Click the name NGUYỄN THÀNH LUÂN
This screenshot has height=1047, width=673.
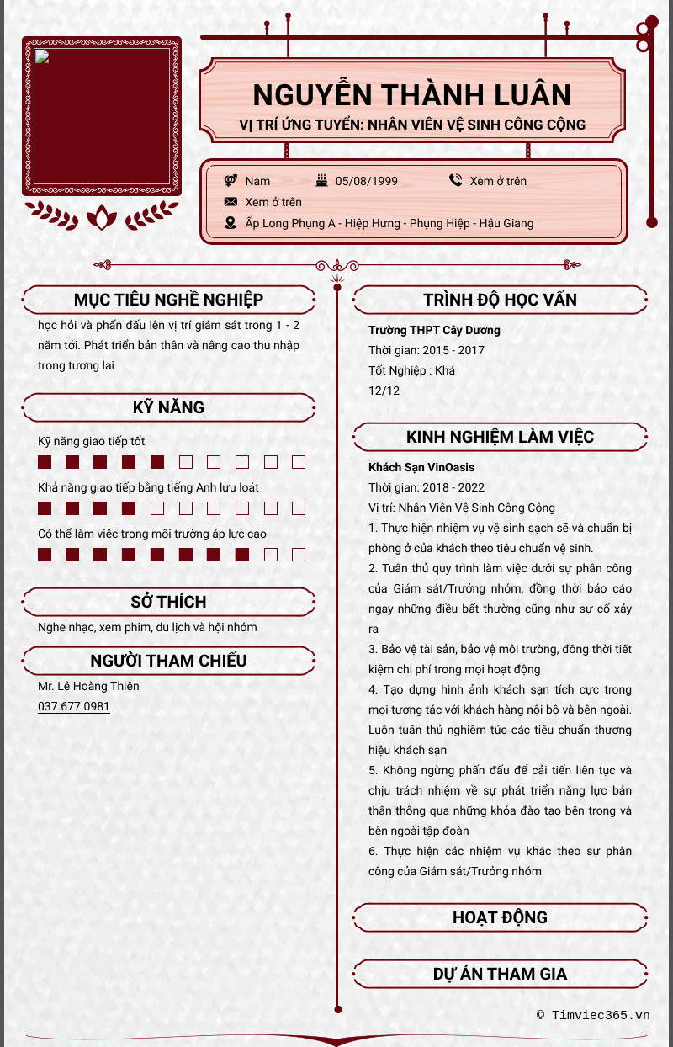point(412,95)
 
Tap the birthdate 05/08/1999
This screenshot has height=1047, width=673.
point(366,181)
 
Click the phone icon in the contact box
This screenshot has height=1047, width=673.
point(455,180)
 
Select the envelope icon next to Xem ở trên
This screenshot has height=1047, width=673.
point(231,202)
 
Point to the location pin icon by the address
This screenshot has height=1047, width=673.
point(231,223)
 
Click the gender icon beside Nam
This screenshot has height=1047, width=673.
point(231,181)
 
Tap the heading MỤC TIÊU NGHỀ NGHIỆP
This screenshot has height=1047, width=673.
point(168,300)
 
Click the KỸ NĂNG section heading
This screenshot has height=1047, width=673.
point(168,407)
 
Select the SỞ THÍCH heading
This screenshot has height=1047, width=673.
point(168,602)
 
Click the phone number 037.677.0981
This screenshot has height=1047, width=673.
point(74,706)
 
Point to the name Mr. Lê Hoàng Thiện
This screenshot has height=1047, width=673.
point(88,686)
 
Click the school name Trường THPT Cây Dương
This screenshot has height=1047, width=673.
point(434,330)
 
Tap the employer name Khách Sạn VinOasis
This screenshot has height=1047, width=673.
point(421,467)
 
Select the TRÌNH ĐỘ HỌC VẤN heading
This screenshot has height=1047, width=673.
point(500,300)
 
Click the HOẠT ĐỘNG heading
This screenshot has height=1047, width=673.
point(500,917)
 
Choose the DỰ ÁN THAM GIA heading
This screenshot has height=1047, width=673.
point(500,974)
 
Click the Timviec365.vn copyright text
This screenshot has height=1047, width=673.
point(593,1015)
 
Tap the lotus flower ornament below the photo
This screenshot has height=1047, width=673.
point(102,217)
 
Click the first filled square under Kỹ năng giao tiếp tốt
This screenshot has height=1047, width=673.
point(45,462)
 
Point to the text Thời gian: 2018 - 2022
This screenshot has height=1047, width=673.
point(427,487)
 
